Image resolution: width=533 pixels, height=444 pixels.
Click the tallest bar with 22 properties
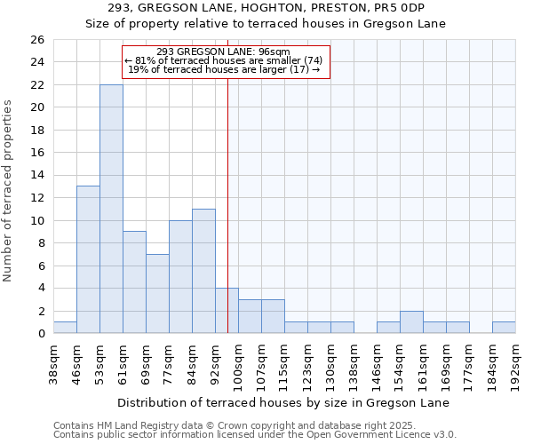coord(111,209)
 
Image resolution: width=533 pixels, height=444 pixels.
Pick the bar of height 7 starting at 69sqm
coord(157,293)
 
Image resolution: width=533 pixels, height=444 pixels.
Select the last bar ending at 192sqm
coord(504,328)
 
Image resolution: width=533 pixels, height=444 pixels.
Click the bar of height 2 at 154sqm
coord(411,322)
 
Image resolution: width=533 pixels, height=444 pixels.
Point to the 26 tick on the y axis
coord(36,40)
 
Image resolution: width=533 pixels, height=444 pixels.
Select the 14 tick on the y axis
coord(36,175)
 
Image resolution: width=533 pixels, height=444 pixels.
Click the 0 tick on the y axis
coord(40,334)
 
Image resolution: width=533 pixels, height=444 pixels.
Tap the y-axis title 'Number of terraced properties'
coord(8,191)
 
